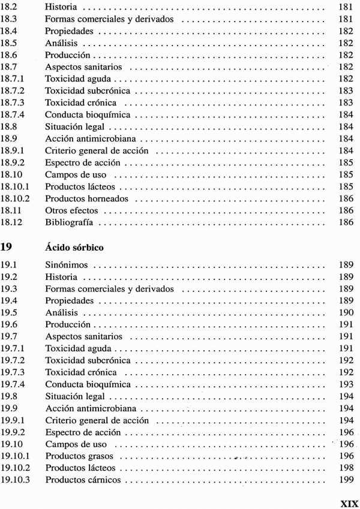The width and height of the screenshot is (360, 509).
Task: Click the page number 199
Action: (340, 480)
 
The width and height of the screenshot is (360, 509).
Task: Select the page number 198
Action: (340, 468)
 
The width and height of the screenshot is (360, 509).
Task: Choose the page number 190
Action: (340, 313)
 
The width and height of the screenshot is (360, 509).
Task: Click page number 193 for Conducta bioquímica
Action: (340, 384)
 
